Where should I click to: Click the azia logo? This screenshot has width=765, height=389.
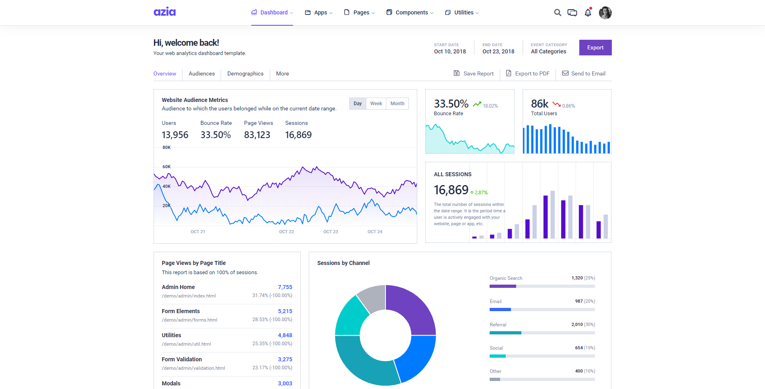coord(164,12)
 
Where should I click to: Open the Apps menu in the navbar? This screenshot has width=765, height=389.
coord(319,12)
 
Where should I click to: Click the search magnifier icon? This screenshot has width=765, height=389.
coord(557,12)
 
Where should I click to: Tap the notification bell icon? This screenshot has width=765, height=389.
coord(588,12)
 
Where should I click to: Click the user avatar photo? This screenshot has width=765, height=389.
coord(605,12)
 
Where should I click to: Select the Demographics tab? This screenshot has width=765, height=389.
coord(245,73)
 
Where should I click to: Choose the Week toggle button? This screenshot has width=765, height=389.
coord(376,104)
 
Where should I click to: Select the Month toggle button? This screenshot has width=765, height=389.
coord(397,104)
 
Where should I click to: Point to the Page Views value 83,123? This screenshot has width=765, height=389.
coord(257,135)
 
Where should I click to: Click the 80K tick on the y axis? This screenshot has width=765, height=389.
coord(166,147)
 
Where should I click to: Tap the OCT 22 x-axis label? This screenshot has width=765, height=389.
coord(286,232)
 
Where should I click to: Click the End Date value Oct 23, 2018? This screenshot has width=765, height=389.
coord(498,51)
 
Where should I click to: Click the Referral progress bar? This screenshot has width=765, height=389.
coord(542,333)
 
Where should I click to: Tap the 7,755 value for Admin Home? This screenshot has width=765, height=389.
coord(285,287)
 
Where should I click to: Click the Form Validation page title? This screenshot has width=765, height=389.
coord(182,359)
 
